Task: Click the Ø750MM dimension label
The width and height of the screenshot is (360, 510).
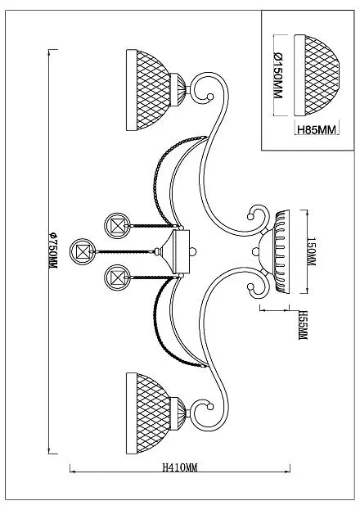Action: [52, 250]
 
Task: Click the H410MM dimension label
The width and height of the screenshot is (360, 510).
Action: [180, 467]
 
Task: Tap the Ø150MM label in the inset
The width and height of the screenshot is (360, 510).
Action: [277, 75]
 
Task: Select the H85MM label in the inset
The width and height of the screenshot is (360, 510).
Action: [316, 130]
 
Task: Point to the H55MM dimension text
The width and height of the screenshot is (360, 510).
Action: [303, 325]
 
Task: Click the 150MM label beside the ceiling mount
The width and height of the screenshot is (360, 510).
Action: [311, 251]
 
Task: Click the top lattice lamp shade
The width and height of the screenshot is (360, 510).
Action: [148, 90]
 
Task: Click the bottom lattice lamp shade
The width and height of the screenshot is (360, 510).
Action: [148, 413]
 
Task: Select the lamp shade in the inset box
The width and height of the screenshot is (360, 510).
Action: [317, 75]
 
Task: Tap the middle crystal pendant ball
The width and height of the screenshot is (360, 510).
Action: [83, 251]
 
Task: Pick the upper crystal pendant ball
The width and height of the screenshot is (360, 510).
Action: [117, 226]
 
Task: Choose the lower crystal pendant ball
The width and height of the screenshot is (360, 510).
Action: [117, 278]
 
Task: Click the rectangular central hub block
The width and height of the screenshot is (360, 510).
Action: [182, 251]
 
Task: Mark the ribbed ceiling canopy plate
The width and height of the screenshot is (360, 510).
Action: [282, 252]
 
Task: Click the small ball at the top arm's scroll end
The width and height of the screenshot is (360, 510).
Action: [210, 97]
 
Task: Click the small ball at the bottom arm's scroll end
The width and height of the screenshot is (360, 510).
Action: [210, 407]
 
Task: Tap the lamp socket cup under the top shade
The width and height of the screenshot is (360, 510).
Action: [178, 90]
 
